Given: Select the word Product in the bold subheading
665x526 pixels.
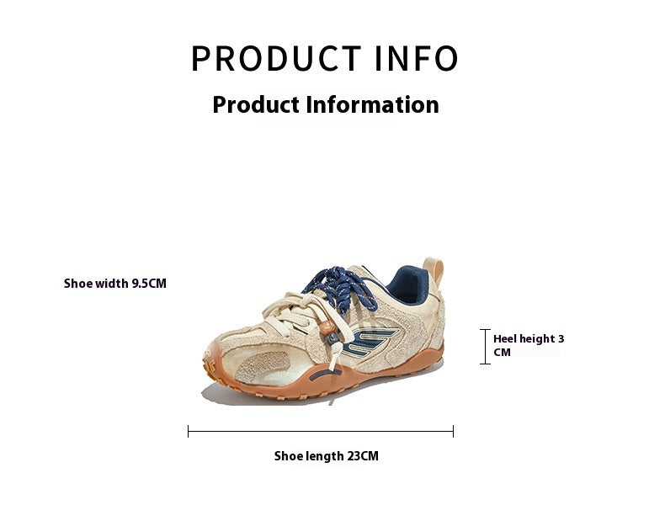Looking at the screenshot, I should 256,104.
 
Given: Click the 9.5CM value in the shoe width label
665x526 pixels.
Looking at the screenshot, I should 149,284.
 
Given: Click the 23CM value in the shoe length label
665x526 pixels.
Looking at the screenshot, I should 362,456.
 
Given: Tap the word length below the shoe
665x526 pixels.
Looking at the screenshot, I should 323,456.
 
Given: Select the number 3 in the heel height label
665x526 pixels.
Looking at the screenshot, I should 561,339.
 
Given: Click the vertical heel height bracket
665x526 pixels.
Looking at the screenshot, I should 485,346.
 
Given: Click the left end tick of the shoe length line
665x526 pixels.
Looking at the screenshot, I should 189,431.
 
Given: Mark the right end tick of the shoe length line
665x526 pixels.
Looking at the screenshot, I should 453,431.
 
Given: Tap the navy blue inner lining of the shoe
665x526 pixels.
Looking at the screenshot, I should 406,284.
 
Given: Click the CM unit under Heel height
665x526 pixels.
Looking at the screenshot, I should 503,353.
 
